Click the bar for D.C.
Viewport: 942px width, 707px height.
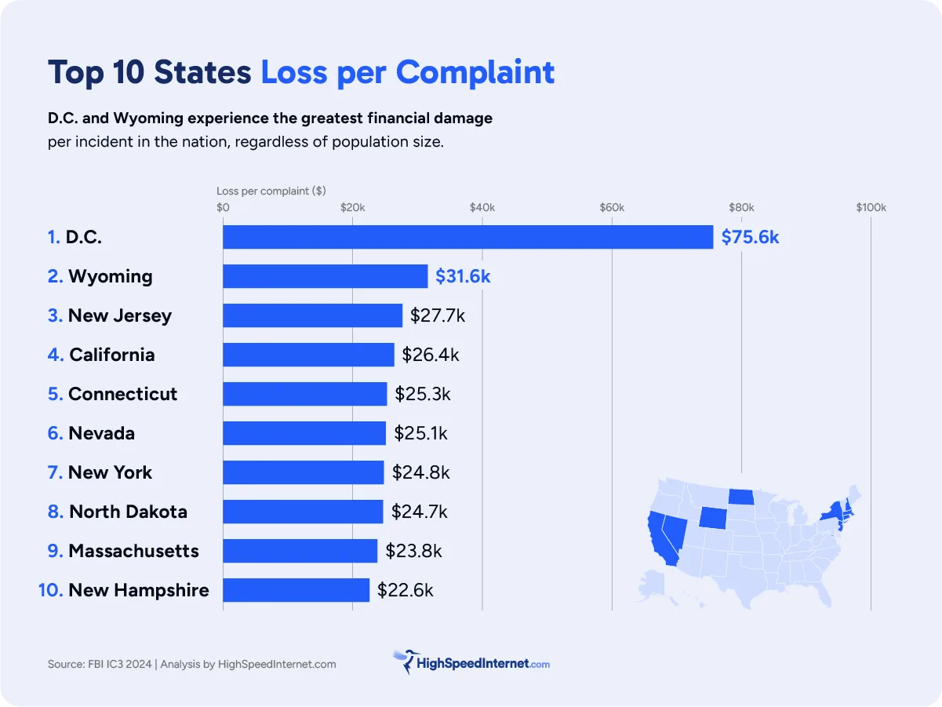[467, 237]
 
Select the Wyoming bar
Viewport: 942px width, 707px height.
[325, 276]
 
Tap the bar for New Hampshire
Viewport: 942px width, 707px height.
[296, 590]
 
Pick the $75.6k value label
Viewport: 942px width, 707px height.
[750, 237]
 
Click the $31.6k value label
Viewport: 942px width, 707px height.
[463, 276]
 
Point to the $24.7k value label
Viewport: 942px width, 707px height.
[420, 512]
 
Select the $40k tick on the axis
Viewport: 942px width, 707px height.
[482, 208]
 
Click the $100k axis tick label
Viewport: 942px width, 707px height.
[871, 208]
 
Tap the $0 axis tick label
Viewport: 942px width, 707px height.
[223, 208]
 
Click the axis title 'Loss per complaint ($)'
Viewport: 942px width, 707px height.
[271, 191]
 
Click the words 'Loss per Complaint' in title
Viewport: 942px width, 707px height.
[407, 72]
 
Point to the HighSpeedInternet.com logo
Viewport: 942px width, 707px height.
[471, 663]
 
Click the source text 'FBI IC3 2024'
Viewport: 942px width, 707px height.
[118, 664]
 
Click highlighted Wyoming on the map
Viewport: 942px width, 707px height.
[712, 517]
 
